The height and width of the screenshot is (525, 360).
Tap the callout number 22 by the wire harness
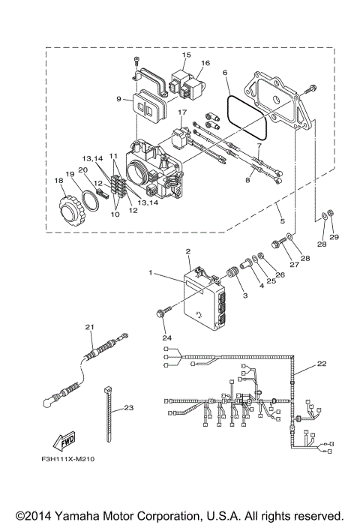tap(321, 364)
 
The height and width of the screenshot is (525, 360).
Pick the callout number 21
tap(89, 327)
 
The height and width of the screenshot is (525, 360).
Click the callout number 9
tap(118, 98)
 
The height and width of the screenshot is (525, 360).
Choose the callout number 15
tap(187, 55)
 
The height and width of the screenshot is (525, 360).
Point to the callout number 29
tap(335, 236)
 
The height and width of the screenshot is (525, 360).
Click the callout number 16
tap(205, 64)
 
